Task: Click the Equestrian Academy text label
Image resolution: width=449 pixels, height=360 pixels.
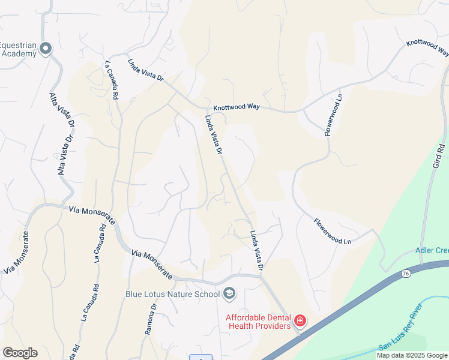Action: click(x=18, y=49)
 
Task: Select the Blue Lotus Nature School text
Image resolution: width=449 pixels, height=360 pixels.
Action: click(x=172, y=294)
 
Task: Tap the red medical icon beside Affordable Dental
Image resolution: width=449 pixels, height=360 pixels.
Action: click(x=300, y=321)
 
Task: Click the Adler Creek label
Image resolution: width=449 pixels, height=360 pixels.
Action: click(x=432, y=250)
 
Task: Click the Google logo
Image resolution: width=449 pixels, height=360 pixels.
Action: click(x=20, y=353)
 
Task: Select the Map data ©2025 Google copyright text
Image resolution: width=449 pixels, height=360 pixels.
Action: click(x=412, y=355)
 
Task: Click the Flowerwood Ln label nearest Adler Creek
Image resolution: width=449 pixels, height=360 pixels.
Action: click(x=332, y=231)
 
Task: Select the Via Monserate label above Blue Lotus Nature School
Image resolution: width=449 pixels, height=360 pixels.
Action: click(x=152, y=266)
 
